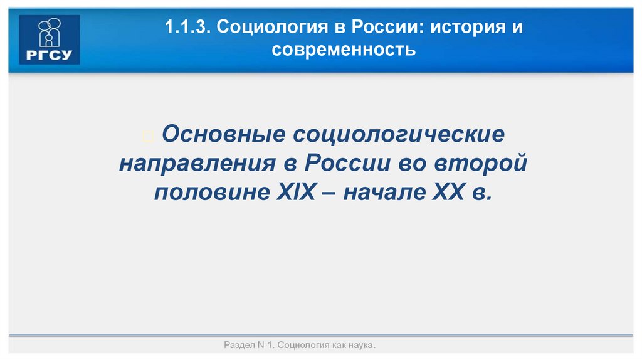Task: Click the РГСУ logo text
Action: click(x=50, y=56)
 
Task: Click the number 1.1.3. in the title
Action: click(x=187, y=28)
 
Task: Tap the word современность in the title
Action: click(x=344, y=49)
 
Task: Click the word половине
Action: click(x=211, y=191)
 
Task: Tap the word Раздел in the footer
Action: click(x=238, y=346)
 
